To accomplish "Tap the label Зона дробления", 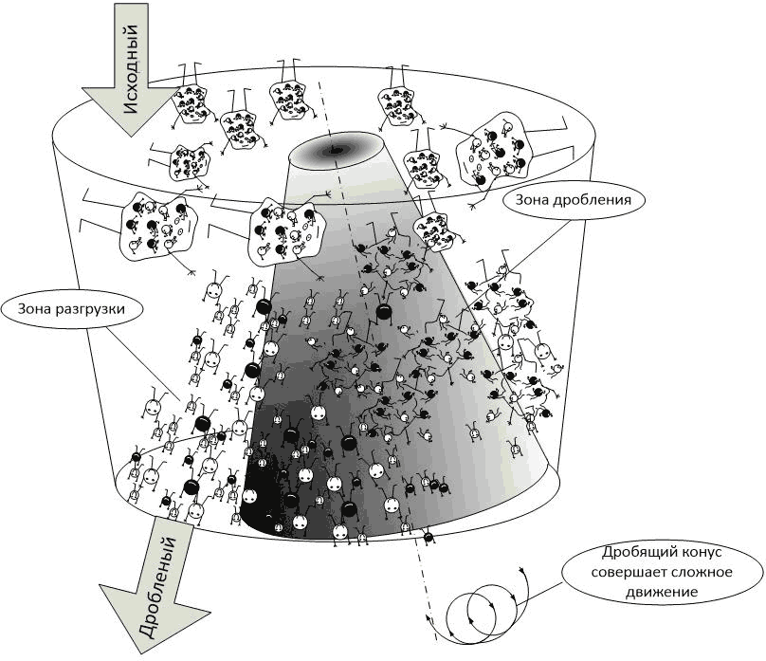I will click(574, 199).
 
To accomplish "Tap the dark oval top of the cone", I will click(336, 149).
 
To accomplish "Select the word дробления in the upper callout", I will click(595, 199).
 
